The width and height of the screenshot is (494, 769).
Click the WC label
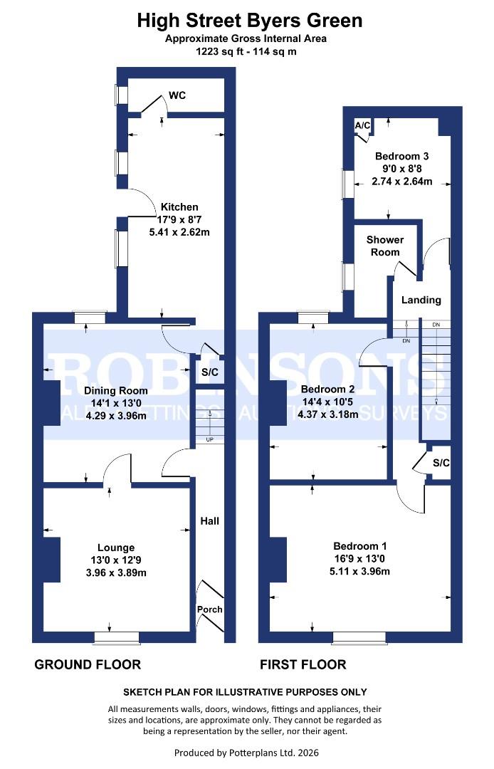pos(177,95)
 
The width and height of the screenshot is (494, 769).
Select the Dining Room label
pos(116,390)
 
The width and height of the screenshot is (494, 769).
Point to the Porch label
pos(209,610)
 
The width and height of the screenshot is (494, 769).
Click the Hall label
pos(209,521)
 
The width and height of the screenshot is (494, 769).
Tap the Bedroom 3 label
pos(402,156)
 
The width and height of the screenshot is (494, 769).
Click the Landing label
pos(421,300)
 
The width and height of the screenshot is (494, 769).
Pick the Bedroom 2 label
pos(327,389)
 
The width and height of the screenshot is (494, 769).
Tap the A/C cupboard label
pos(363,126)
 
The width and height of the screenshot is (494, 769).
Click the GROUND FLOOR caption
pos(88,665)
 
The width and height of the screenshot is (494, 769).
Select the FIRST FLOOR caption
pos(303,665)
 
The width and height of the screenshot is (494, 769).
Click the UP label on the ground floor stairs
pos(209,439)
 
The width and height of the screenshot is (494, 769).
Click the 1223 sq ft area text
pos(220,51)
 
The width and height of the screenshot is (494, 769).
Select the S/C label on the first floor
pos(441,463)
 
